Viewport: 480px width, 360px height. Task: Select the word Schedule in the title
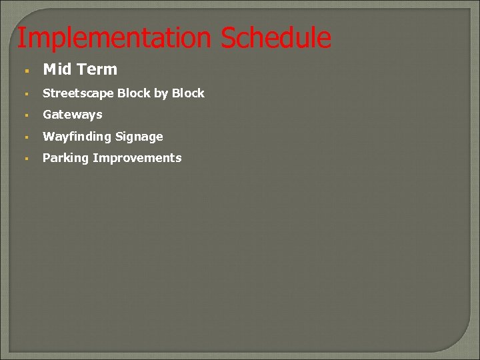(276, 38)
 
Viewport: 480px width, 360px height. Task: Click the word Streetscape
(79, 93)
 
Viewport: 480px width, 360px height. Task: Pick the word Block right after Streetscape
(134, 93)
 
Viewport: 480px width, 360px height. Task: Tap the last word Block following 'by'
(188, 93)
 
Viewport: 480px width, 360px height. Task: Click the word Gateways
(73, 115)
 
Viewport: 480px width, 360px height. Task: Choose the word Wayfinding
(77, 137)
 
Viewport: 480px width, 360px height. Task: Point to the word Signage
(139, 137)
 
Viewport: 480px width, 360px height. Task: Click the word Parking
(66, 158)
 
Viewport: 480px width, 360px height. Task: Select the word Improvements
(137, 158)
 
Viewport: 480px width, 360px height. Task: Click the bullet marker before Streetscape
(25, 94)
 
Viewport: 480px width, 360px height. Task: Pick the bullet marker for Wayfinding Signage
(25, 137)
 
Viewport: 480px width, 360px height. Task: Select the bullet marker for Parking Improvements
(25, 159)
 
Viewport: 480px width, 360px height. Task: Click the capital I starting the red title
(21, 38)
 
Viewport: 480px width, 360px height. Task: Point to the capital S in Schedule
(228, 38)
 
